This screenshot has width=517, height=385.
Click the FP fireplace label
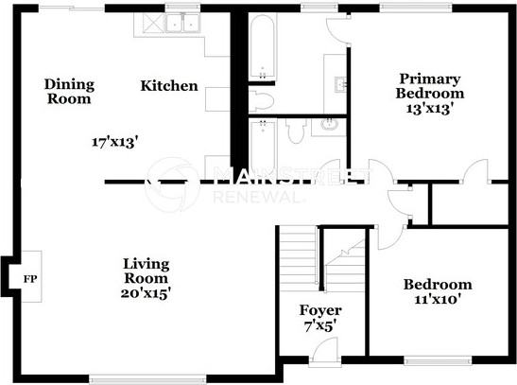30,279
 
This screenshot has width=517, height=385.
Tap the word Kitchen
169,86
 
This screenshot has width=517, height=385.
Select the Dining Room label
69,92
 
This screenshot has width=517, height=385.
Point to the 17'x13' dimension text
114,143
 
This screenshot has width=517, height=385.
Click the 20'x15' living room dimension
146,293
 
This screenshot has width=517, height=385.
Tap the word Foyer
320,311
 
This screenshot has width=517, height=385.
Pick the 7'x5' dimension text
320,326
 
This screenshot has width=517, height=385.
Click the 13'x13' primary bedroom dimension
428,108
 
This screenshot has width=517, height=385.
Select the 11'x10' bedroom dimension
438,300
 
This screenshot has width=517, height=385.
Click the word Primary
430,79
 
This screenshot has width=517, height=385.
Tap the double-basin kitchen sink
182,23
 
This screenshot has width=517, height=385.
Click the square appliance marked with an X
155,23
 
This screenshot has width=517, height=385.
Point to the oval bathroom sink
329,125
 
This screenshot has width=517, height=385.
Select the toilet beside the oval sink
296,130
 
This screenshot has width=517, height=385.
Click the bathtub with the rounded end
262,47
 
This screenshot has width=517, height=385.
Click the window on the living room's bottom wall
147,378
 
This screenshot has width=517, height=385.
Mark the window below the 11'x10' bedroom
438,360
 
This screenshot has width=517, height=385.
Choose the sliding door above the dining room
72,9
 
